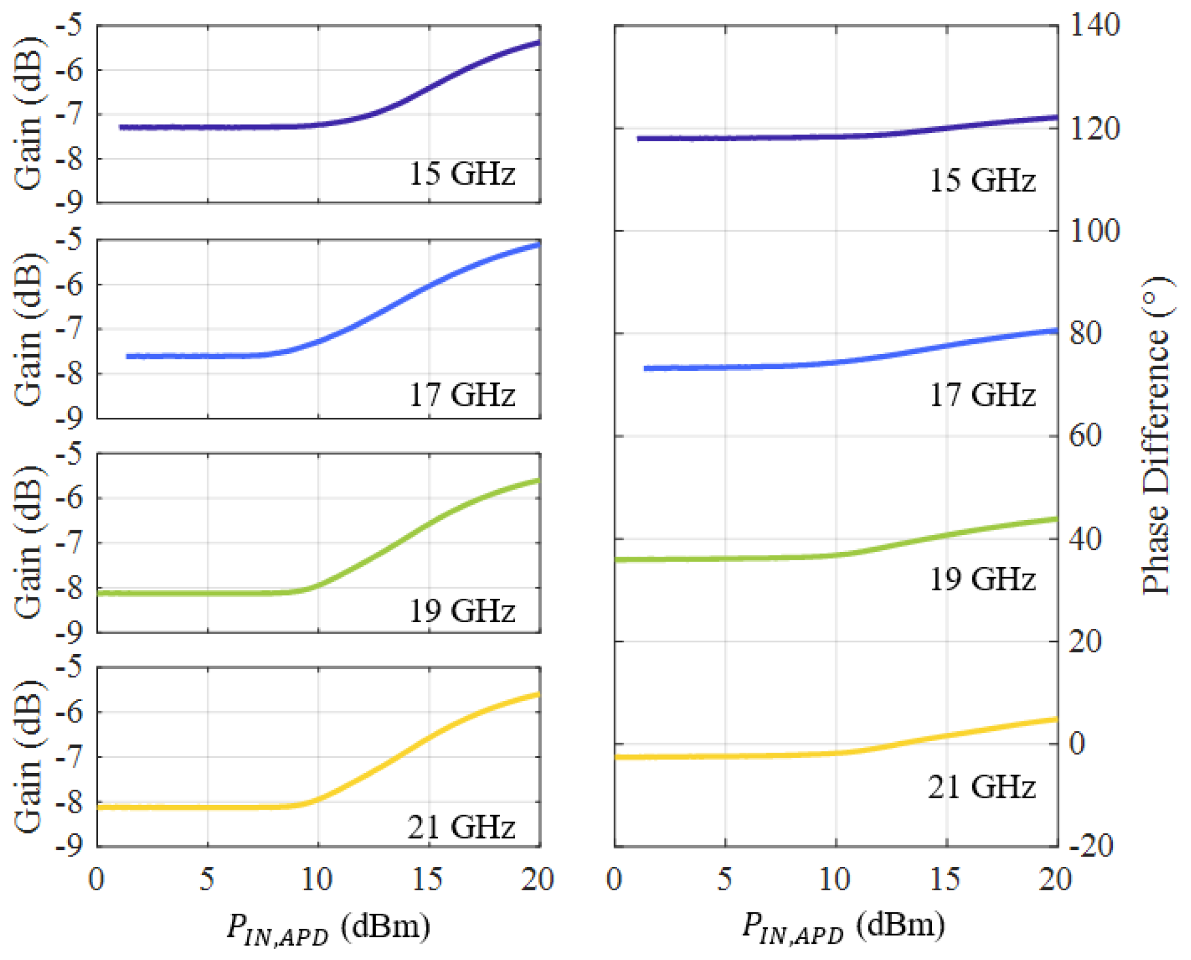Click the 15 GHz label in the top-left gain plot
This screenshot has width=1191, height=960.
click(461, 174)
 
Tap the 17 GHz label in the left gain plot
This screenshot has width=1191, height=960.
click(461, 396)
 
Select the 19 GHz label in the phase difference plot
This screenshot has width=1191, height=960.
click(982, 579)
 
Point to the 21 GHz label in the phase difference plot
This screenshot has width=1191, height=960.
click(981, 787)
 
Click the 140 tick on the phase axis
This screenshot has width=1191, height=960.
click(1094, 26)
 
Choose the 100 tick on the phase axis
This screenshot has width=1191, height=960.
click(1094, 231)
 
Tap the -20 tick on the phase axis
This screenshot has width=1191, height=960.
click(1090, 847)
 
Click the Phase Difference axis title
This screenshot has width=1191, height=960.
click(1156, 436)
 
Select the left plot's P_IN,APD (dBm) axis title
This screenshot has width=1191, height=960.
click(328, 928)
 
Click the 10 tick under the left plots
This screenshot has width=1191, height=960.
click(317, 880)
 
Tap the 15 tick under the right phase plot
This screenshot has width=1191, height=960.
click(945, 880)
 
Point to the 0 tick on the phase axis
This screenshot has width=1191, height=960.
click(1077, 744)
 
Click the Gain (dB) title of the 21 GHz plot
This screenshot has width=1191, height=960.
click(29, 757)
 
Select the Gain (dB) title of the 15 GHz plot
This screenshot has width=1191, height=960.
click(29, 114)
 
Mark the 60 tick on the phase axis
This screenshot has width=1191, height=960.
click(1085, 436)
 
